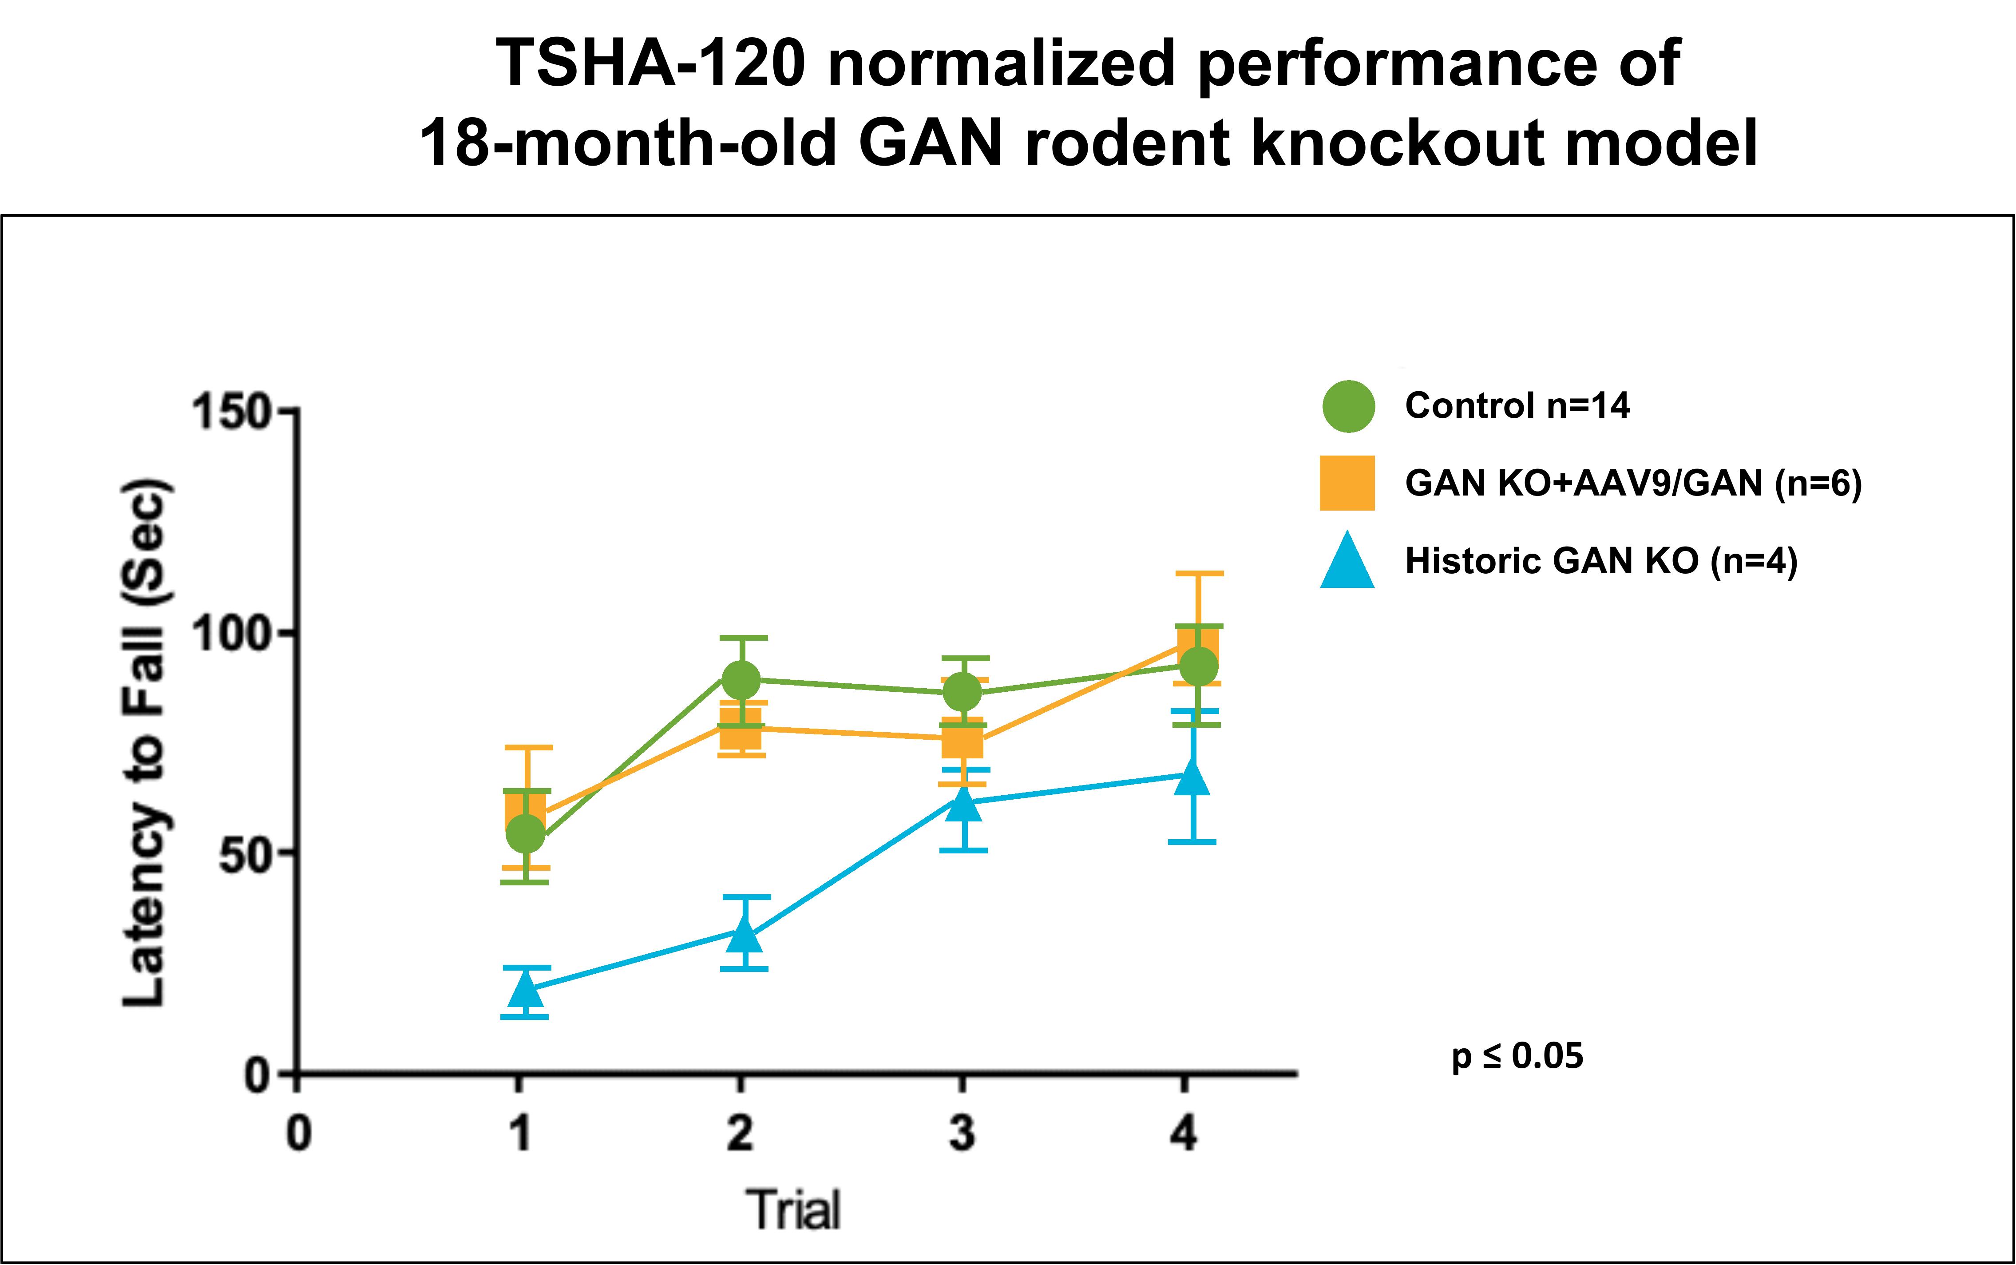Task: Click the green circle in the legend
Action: coord(1348,407)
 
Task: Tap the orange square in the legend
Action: coord(1347,483)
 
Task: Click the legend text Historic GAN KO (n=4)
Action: coord(1601,560)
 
